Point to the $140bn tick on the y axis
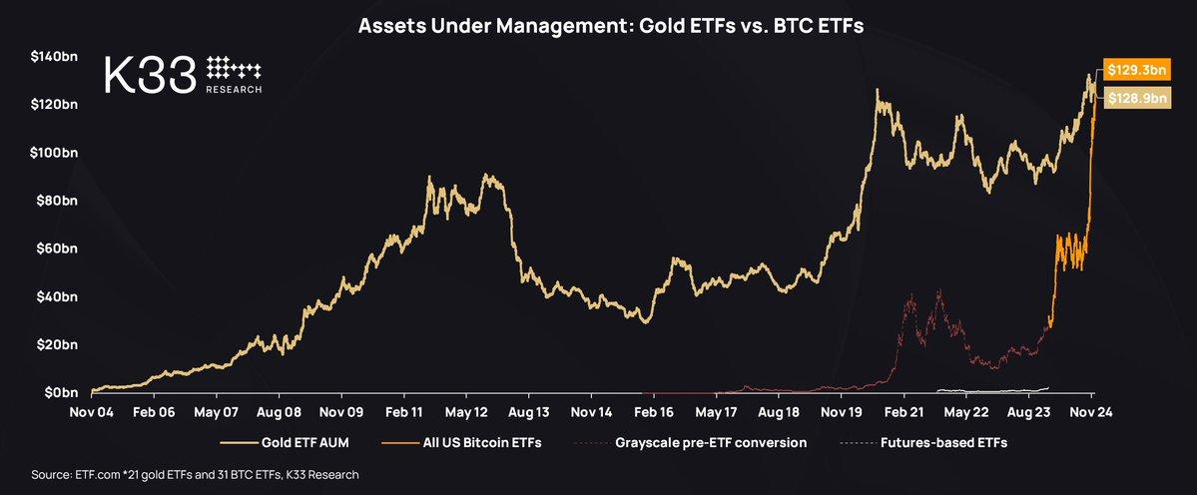point(57,56)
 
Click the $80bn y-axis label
point(57,201)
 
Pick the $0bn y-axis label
point(59,392)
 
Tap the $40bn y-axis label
point(57,296)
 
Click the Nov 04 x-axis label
point(91,411)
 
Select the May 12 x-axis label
point(465,411)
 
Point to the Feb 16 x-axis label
point(653,411)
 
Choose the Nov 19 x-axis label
point(841,411)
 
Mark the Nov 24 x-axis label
point(1091,411)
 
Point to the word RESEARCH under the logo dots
point(234,89)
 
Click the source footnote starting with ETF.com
point(195,475)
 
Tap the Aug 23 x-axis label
point(1028,411)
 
